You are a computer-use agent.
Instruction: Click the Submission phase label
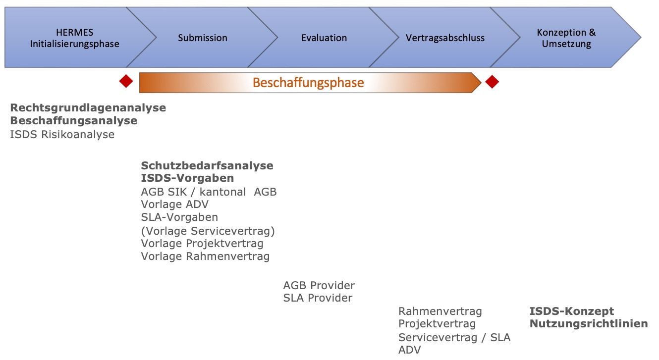click(202, 38)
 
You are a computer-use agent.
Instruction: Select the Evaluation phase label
click(324, 38)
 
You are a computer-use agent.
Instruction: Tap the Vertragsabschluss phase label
click(445, 38)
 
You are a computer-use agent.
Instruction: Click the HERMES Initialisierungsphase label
click(74, 38)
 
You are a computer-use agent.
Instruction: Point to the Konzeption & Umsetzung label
click(566, 38)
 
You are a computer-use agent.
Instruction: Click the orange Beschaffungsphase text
click(308, 83)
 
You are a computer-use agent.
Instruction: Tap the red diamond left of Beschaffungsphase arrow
click(126, 81)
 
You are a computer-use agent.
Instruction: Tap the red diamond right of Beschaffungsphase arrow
click(492, 82)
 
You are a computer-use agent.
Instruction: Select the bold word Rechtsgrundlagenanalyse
click(88, 107)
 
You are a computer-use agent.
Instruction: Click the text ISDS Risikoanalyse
click(62, 134)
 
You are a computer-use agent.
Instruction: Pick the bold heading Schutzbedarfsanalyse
click(207, 165)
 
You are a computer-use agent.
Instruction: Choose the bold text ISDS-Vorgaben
click(187, 178)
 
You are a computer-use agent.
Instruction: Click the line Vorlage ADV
click(175, 204)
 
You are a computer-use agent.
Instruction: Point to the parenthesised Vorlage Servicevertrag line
click(208, 231)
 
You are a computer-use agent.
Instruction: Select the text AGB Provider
click(319, 285)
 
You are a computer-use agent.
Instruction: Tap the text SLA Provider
click(318, 298)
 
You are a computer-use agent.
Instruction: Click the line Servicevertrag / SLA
click(454, 337)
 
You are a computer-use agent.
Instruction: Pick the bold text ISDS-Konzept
click(571, 311)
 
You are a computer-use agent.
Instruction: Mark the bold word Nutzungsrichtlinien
click(589, 323)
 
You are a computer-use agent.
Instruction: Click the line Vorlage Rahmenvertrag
click(205, 256)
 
